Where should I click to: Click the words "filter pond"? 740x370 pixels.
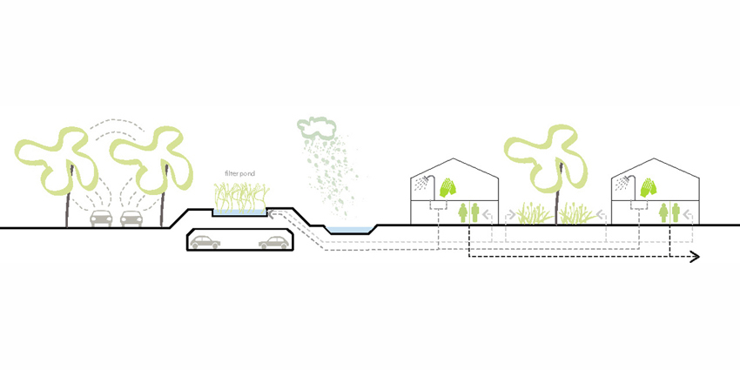[x=239, y=174]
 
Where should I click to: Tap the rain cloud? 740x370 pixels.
[x=317, y=126]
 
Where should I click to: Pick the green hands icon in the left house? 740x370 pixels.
[x=448, y=187]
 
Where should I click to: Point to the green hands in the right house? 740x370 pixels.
[x=649, y=187]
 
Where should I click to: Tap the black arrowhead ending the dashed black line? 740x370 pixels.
[x=694, y=257]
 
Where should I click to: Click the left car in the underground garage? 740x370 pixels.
[x=205, y=242]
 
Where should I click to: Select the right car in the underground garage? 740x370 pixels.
[x=273, y=242]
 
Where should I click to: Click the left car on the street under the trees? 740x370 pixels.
[x=102, y=218]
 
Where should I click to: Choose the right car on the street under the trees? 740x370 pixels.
[x=131, y=218]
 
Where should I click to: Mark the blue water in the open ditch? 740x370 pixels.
[x=350, y=230]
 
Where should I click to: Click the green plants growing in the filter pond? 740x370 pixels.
[x=240, y=197]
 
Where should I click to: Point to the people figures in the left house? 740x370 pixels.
[x=468, y=212]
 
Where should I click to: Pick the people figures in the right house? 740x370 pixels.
[x=669, y=212]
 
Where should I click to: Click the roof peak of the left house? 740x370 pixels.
[x=454, y=158]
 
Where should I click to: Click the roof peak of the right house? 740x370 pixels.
[x=655, y=158]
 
